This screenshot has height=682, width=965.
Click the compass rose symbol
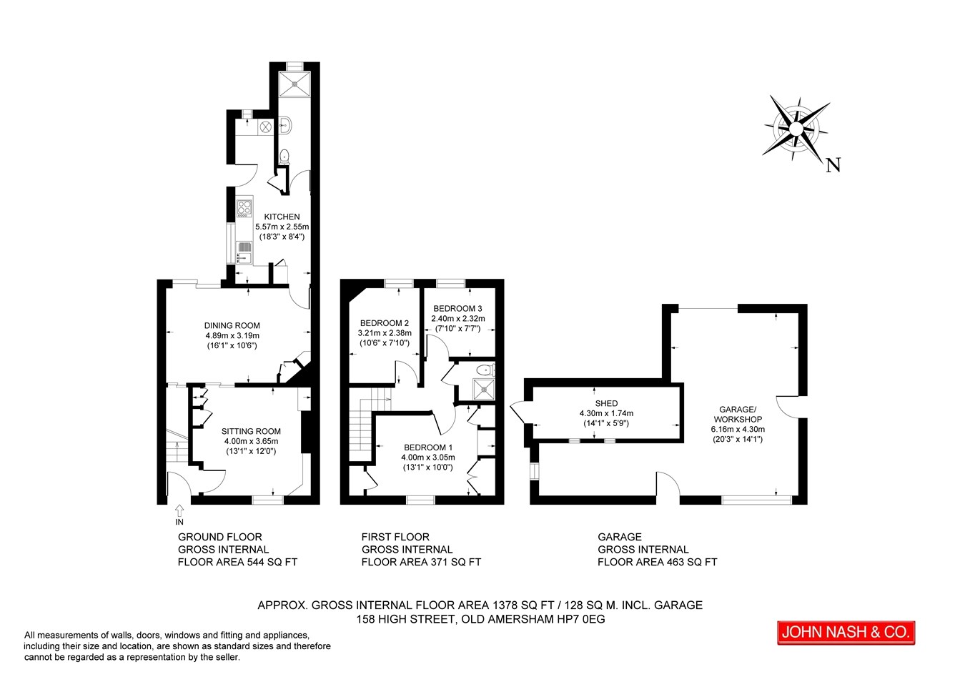pyautogui.click(x=795, y=128)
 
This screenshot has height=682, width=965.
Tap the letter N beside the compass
pyautogui.click(x=833, y=166)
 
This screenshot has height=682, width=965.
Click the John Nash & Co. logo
pyautogui.click(x=846, y=632)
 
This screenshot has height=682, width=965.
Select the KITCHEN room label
pyautogui.click(x=282, y=217)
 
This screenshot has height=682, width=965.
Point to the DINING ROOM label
pyautogui.click(x=232, y=325)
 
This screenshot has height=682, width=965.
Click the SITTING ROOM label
pyautogui.click(x=251, y=431)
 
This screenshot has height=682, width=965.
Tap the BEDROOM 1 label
pyautogui.click(x=427, y=448)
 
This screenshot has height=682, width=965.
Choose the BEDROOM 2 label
pyautogui.click(x=385, y=323)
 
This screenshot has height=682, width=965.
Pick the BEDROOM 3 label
pyautogui.click(x=457, y=309)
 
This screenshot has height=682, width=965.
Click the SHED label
pyautogui.click(x=606, y=403)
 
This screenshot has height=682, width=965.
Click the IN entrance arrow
pyautogui.click(x=179, y=510)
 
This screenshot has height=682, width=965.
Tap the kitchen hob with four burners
pyautogui.click(x=244, y=208)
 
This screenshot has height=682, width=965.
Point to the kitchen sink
pyautogui.click(x=244, y=251)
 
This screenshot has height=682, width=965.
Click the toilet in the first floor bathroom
pyautogui.click(x=485, y=370)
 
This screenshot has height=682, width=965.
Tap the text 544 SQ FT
pyautogui.click(x=272, y=562)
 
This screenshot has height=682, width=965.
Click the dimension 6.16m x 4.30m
pyautogui.click(x=738, y=430)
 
